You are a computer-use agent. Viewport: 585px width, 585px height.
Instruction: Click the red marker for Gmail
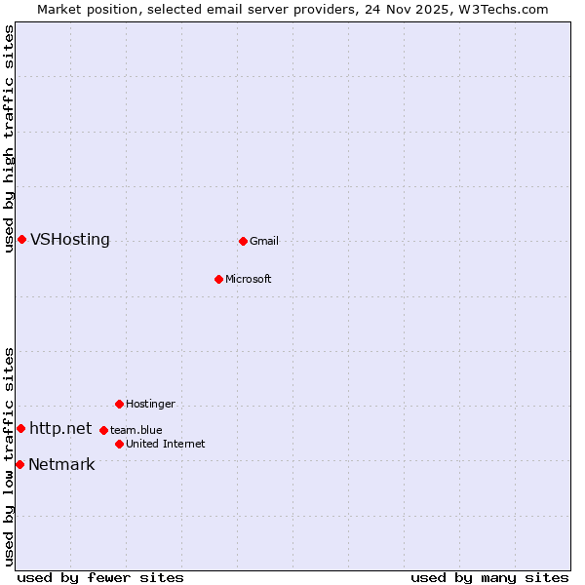(243, 241)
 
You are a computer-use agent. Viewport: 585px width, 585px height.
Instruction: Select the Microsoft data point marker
(218, 279)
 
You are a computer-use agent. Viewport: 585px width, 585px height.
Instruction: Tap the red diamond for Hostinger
(119, 404)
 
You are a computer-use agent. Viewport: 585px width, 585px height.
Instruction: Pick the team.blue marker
(103, 430)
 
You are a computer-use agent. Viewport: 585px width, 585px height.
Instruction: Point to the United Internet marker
(119, 444)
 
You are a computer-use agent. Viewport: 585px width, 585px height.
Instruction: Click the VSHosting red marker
(21, 240)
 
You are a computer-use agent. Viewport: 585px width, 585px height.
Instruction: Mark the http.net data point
(20, 428)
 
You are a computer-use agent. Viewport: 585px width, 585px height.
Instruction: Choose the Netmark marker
(19, 464)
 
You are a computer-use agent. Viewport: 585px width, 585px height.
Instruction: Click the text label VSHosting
(70, 240)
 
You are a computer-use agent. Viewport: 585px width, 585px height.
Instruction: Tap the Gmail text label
(264, 241)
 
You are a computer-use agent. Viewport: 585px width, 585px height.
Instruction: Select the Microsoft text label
(249, 279)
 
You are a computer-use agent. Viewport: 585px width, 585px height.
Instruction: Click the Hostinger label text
(150, 404)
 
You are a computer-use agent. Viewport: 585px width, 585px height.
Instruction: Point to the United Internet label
(166, 444)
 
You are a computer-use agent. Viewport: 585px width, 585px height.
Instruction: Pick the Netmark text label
(61, 464)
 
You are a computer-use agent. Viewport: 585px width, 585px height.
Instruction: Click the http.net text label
(60, 428)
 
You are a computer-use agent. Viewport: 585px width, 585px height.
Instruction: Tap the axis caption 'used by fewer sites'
(100, 577)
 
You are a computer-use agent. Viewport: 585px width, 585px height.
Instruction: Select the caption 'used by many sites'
(489, 577)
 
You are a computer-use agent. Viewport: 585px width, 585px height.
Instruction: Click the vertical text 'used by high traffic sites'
(9, 138)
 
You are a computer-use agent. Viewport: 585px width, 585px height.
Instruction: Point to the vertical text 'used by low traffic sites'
(9, 456)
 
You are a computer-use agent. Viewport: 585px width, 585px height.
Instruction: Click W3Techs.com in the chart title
(506, 9)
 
